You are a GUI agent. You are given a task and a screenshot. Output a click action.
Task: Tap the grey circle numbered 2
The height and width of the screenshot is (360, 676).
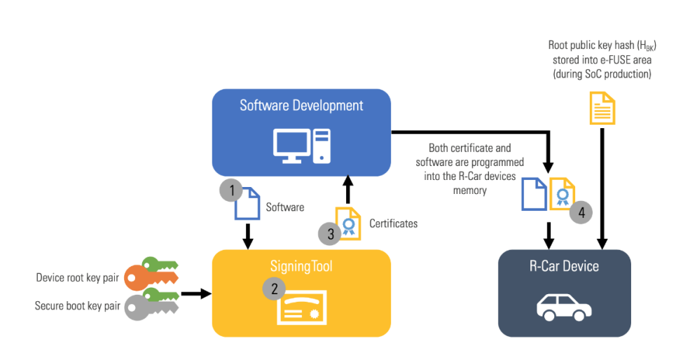(x=273, y=289)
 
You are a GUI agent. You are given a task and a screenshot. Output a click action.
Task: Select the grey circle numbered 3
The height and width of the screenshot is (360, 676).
(x=330, y=233)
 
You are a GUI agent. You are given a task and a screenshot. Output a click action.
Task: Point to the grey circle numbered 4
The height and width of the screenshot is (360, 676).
(x=581, y=212)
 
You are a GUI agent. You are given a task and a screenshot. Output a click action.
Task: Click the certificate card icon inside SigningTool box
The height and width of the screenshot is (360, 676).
(x=301, y=309)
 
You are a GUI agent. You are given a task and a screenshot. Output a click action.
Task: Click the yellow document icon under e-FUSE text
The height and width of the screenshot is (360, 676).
(x=600, y=109)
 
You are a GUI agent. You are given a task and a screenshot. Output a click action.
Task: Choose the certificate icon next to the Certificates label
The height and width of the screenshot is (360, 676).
(x=348, y=223)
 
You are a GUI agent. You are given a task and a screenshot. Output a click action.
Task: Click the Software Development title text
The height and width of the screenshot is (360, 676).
(x=301, y=106)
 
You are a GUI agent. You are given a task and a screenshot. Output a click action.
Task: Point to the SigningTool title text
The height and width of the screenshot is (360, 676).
(x=301, y=266)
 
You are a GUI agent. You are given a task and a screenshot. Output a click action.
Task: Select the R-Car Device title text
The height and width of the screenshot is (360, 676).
(x=564, y=266)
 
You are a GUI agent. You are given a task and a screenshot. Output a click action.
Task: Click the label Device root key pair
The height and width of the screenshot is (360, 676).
(x=78, y=278)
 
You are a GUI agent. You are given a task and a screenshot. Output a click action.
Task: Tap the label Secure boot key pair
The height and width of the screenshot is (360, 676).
(x=78, y=306)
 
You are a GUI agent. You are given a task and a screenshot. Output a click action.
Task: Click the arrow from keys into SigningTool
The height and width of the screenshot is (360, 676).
(x=195, y=293)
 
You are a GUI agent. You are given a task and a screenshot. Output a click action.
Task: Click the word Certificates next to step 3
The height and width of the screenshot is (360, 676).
(x=394, y=223)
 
